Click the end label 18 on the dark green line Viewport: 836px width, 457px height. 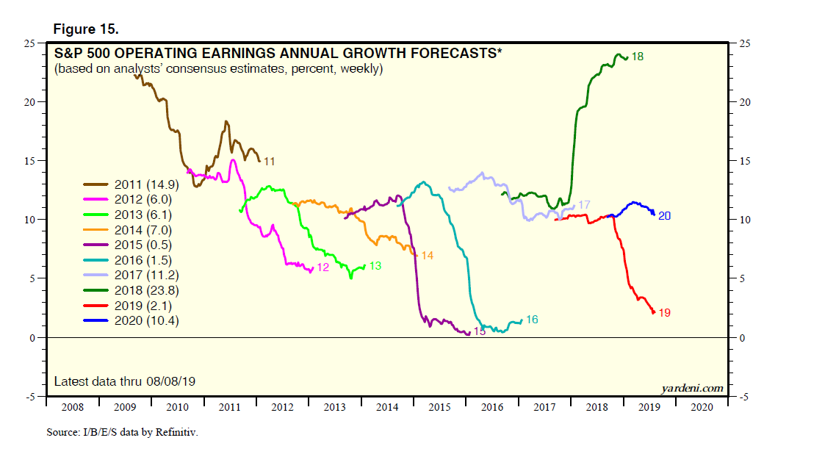[638, 57]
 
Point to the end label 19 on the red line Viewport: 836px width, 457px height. [664, 313]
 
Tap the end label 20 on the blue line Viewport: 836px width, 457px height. [664, 216]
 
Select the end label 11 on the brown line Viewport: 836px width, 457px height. [269, 161]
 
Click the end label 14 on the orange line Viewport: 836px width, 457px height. [427, 256]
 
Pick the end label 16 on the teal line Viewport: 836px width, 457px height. [532, 320]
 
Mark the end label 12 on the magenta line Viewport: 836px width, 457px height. [322, 268]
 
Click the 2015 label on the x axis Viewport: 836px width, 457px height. [439, 406]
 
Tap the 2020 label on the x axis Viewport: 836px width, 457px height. [702, 406]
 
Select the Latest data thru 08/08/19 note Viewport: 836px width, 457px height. [125, 381]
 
